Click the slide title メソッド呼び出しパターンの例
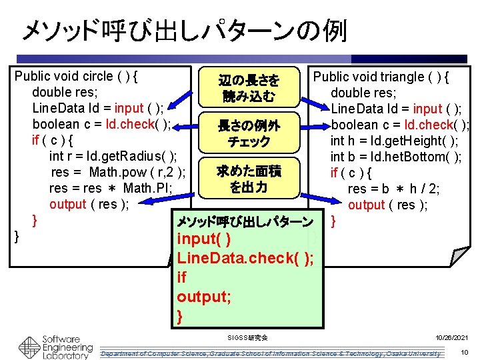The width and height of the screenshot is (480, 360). pyautogui.click(x=184, y=30)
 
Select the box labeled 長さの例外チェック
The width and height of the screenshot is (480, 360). pyautogui.click(x=248, y=133)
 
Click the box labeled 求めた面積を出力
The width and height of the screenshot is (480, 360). pyautogui.click(x=248, y=179)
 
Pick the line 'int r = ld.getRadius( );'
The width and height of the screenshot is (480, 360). pyautogui.click(x=113, y=156)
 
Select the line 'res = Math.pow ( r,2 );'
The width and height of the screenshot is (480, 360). pyautogui.click(x=117, y=172)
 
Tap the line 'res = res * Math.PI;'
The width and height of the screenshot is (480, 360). pyautogui.click(x=111, y=188)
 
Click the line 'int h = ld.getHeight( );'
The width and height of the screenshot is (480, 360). pyautogui.click(x=394, y=141)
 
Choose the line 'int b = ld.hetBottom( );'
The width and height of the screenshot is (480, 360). pyautogui.click(x=396, y=157)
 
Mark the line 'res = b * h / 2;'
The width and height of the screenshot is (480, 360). pyautogui.click(x=393, y=189)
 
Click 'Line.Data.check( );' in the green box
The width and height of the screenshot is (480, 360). pyautogui.click(x=246, y=258)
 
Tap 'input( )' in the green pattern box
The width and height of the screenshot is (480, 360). pyautogui.click(x=205, y=239)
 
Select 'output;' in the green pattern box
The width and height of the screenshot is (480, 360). pyautogui.click(x=205, y=297)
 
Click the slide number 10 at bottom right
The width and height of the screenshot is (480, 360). pyautogui.click(x=463, y=351)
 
